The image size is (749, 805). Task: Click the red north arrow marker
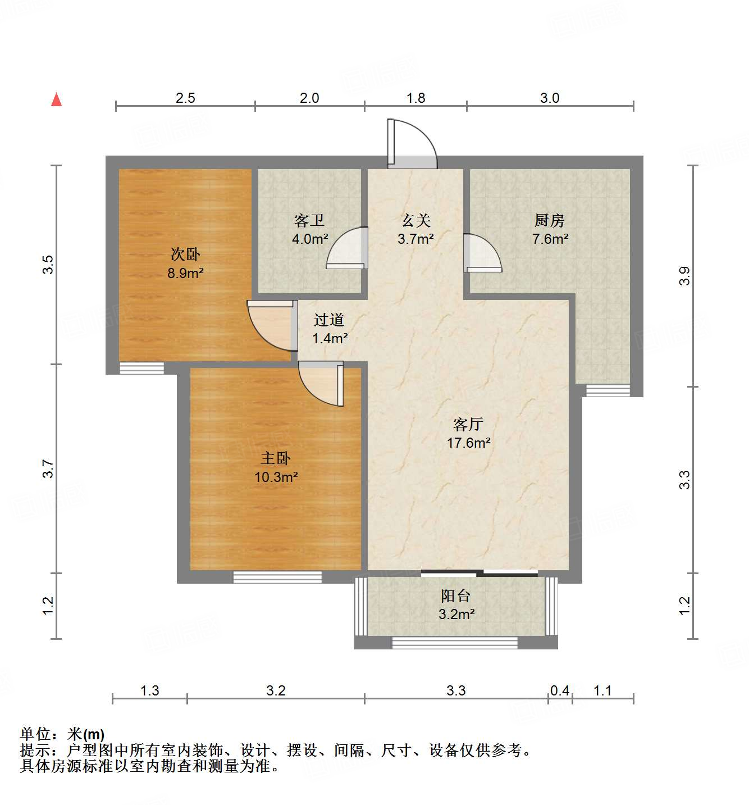tap(56, 99)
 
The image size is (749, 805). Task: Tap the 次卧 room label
tap(185, 254)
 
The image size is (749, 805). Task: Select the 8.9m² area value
tap(185, 274)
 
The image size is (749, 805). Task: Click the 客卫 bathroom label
tap(309, 220)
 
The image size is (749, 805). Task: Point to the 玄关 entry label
tap(415, 220)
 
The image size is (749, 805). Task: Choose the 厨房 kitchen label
tap(550, 220)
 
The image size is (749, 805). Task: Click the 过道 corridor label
tap(329, 320)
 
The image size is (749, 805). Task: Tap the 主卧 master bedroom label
tap(276, 458)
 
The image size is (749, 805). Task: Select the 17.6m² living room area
tap(469, 443)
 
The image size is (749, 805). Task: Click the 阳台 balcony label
tap(456, 595)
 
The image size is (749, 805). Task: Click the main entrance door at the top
tap(412, 145)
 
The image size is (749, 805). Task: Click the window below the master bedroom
tap(277, 577)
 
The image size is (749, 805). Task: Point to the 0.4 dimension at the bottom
tap(560, 690)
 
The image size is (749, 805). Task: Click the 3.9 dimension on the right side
tap(684, 275)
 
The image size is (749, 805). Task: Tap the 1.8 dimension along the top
tap(415, 98)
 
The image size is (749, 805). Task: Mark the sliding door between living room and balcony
tap(479, 573)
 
